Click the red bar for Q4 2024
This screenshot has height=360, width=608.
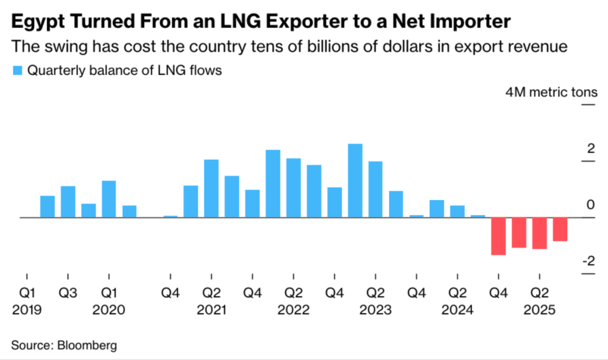tap(498, 236)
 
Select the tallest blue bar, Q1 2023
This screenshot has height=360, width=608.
tap(355, 181)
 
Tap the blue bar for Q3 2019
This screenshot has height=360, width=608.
tap(68, 201)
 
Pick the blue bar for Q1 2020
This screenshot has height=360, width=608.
tap(109, 199)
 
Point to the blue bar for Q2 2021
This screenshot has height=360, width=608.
tap(211, 188)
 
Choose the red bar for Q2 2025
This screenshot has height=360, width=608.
tap(539, 233)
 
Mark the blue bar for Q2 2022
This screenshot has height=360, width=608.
tap(293, 188)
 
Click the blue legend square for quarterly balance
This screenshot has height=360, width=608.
tap(17, 71)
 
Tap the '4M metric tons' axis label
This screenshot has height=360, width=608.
tap(551, 92)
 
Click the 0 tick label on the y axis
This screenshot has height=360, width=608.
tap(591, 205)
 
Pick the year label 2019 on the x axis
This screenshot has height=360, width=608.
tap(28, 310)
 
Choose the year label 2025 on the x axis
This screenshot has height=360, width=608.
tap(539, 310)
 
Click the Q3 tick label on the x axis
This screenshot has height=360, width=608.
tap(68, 293)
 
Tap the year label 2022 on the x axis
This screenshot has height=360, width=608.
tap(293, 310)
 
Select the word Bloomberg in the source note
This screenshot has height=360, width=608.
tap(86, 344)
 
